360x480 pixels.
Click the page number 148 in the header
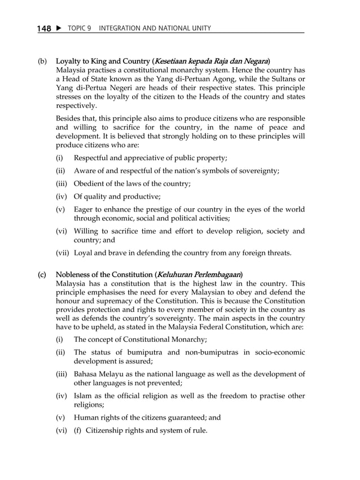point(44,28)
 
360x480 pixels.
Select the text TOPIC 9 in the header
point(80,28)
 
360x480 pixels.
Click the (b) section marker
point(42,60)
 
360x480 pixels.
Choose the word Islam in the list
point(83,396)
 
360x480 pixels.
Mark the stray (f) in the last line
point(78,431)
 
